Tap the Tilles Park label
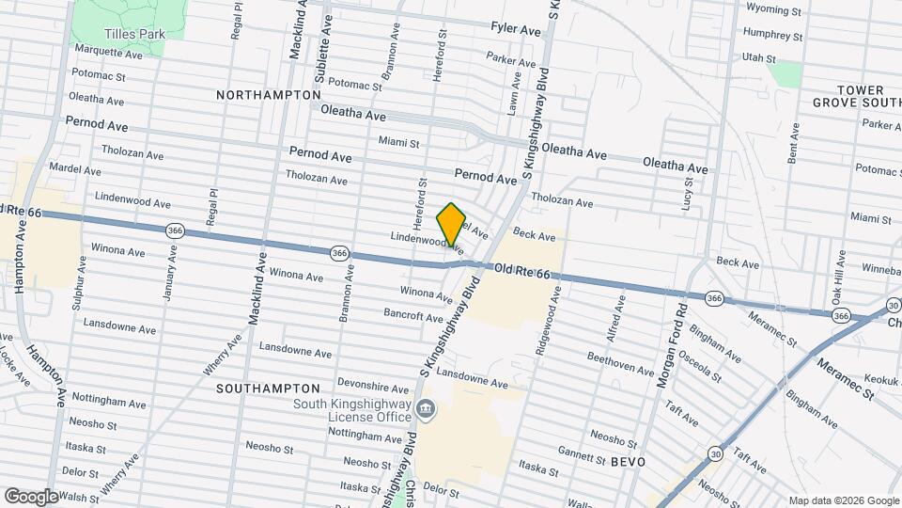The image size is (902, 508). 134,34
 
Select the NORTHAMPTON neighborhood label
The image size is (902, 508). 268,95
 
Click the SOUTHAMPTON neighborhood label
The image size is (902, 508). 268,388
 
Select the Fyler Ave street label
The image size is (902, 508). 516,30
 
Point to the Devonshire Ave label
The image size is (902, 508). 374,387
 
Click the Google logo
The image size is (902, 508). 30,496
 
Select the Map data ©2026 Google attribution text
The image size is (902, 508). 843,500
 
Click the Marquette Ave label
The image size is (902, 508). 107,53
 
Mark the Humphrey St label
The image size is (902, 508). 771,37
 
